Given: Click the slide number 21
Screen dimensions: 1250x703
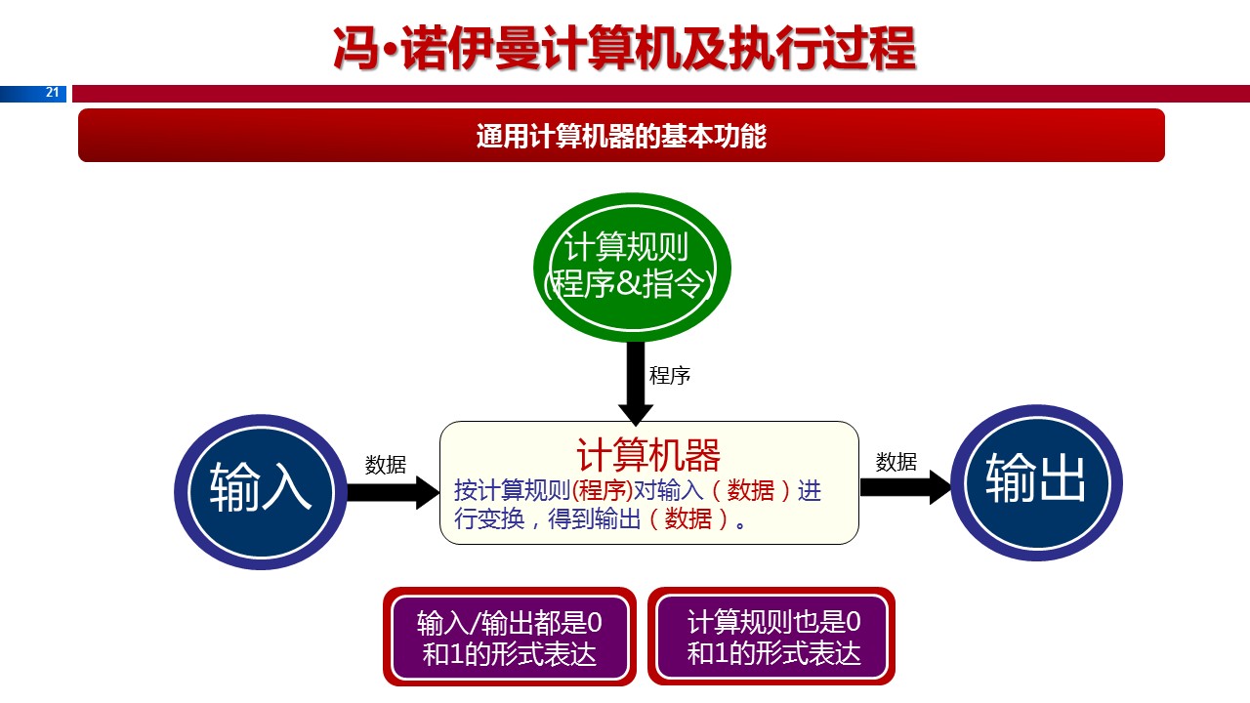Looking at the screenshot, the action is point(53,93).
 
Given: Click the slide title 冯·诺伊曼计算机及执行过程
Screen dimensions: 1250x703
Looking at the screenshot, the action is point(624,49).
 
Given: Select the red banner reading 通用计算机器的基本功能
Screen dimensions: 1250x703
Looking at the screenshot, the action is point(621,136).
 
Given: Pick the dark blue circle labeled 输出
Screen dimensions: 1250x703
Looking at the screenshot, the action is point(1036,482).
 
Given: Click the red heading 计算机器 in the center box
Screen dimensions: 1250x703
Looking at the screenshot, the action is point(648,455).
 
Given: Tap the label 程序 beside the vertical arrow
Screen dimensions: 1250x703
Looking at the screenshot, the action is point(670,376).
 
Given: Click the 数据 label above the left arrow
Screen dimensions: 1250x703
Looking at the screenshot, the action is point(386,465).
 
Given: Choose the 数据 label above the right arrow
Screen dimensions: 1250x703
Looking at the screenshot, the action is point(896,462).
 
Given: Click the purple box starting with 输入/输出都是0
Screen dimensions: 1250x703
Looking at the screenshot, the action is point(509,637).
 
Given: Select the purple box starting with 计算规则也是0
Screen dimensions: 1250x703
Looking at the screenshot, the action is point(773,637).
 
